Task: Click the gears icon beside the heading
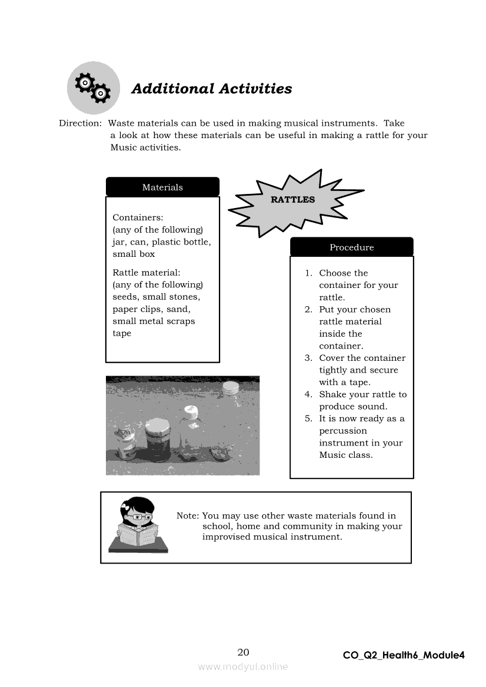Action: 93,88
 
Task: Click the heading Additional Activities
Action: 211,89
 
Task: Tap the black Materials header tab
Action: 162,187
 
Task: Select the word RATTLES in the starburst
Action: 292,199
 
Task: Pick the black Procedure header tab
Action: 351,247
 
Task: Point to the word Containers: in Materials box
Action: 138,217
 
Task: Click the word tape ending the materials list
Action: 122,333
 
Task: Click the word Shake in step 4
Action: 332,394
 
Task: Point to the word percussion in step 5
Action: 342,431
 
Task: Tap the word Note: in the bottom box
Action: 188,516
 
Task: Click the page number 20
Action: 243,652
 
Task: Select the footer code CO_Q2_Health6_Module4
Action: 404,655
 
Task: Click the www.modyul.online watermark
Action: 243,667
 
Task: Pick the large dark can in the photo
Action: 158,440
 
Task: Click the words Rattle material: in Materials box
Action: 146,273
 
